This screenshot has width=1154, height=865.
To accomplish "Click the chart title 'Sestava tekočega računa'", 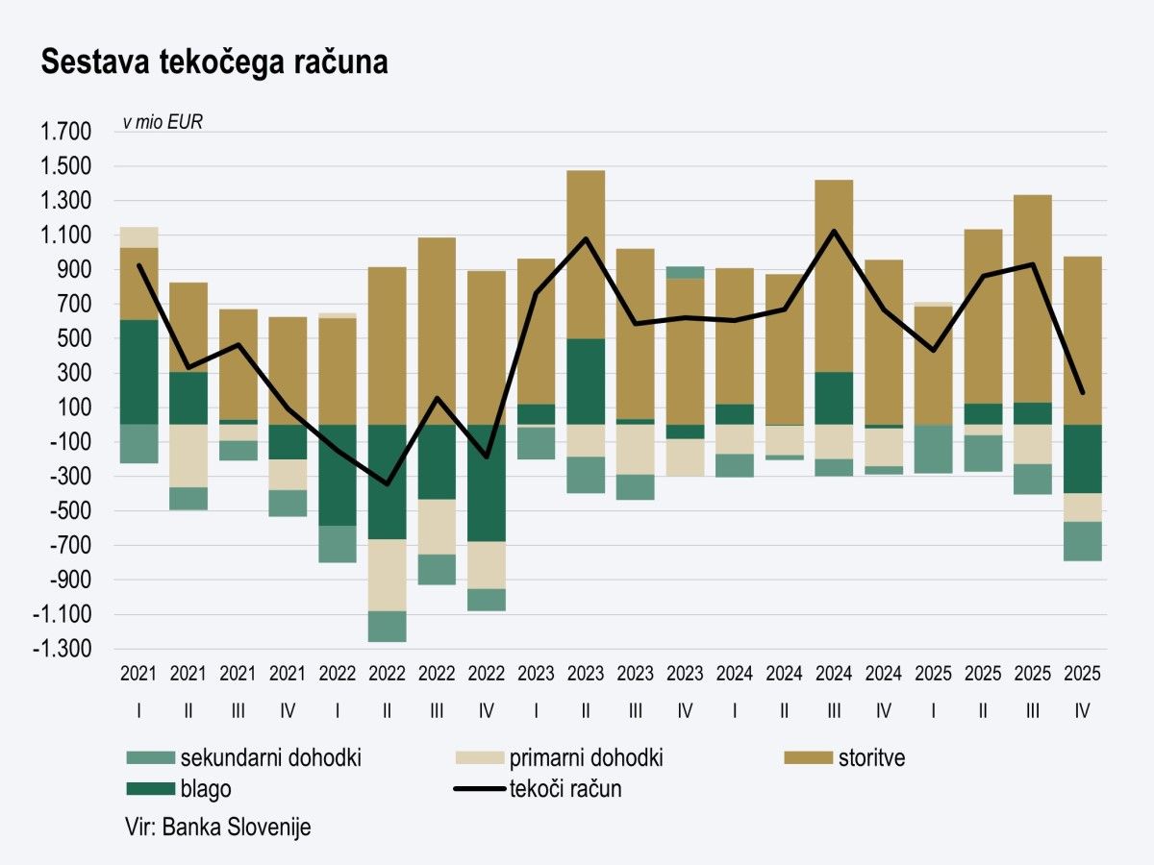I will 213,63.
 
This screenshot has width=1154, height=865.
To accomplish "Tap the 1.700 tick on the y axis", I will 63,133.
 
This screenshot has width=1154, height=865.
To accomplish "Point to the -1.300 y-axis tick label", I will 62,650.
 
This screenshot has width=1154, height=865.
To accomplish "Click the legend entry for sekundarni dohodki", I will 270,758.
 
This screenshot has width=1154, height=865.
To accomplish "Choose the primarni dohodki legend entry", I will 586,758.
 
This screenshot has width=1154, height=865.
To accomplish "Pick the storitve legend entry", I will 870,758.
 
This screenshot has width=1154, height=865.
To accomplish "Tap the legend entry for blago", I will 205,789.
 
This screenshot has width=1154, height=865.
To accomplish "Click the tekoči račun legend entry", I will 565,789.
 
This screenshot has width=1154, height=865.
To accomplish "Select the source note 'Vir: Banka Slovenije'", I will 217,828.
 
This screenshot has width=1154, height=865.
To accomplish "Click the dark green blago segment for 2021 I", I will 139,372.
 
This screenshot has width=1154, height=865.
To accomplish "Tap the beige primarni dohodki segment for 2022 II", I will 387,575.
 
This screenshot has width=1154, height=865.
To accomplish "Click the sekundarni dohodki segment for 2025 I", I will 933,449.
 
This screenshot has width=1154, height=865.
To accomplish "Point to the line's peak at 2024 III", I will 833,231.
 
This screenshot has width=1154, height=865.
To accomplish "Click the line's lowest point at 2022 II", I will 387,483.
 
